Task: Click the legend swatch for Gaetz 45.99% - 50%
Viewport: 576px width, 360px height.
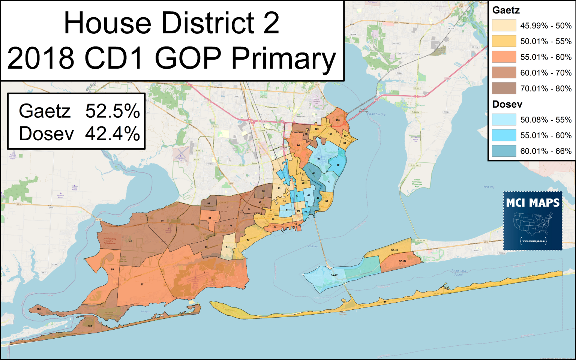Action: [x=504, y=25]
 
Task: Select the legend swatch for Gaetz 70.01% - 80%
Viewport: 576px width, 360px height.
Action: [x=504, y=88]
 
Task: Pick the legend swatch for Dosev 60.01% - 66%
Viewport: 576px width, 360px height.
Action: [x=504, y=151]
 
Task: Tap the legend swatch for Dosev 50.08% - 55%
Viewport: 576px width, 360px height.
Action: [x=504, y=120]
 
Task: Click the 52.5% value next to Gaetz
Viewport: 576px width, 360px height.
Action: [x=112, y=111]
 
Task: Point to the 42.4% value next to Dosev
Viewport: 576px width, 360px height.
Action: [x=112, y=134]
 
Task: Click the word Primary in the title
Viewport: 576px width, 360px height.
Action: [x=283, y=59]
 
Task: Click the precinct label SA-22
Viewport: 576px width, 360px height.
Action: [x=334, y=275]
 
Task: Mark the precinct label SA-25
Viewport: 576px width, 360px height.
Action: [x=402, y=261]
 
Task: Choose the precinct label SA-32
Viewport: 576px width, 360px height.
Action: [x=394, y=250]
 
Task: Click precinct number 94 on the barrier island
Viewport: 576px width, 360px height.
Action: [x=385, y=302]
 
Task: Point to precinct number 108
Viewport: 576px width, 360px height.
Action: [x=337, y=120]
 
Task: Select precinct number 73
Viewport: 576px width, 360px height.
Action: [x=130, y=241]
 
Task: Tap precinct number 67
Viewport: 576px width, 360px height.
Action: [x=142, y=285]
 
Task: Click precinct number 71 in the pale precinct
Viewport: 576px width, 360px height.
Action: [x=227, y=247]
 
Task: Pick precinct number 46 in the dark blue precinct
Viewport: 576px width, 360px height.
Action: [x=313, y=173]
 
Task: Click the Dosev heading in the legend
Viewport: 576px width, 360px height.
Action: [x=507, y=104]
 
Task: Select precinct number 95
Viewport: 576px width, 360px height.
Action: [x=112, y=270]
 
